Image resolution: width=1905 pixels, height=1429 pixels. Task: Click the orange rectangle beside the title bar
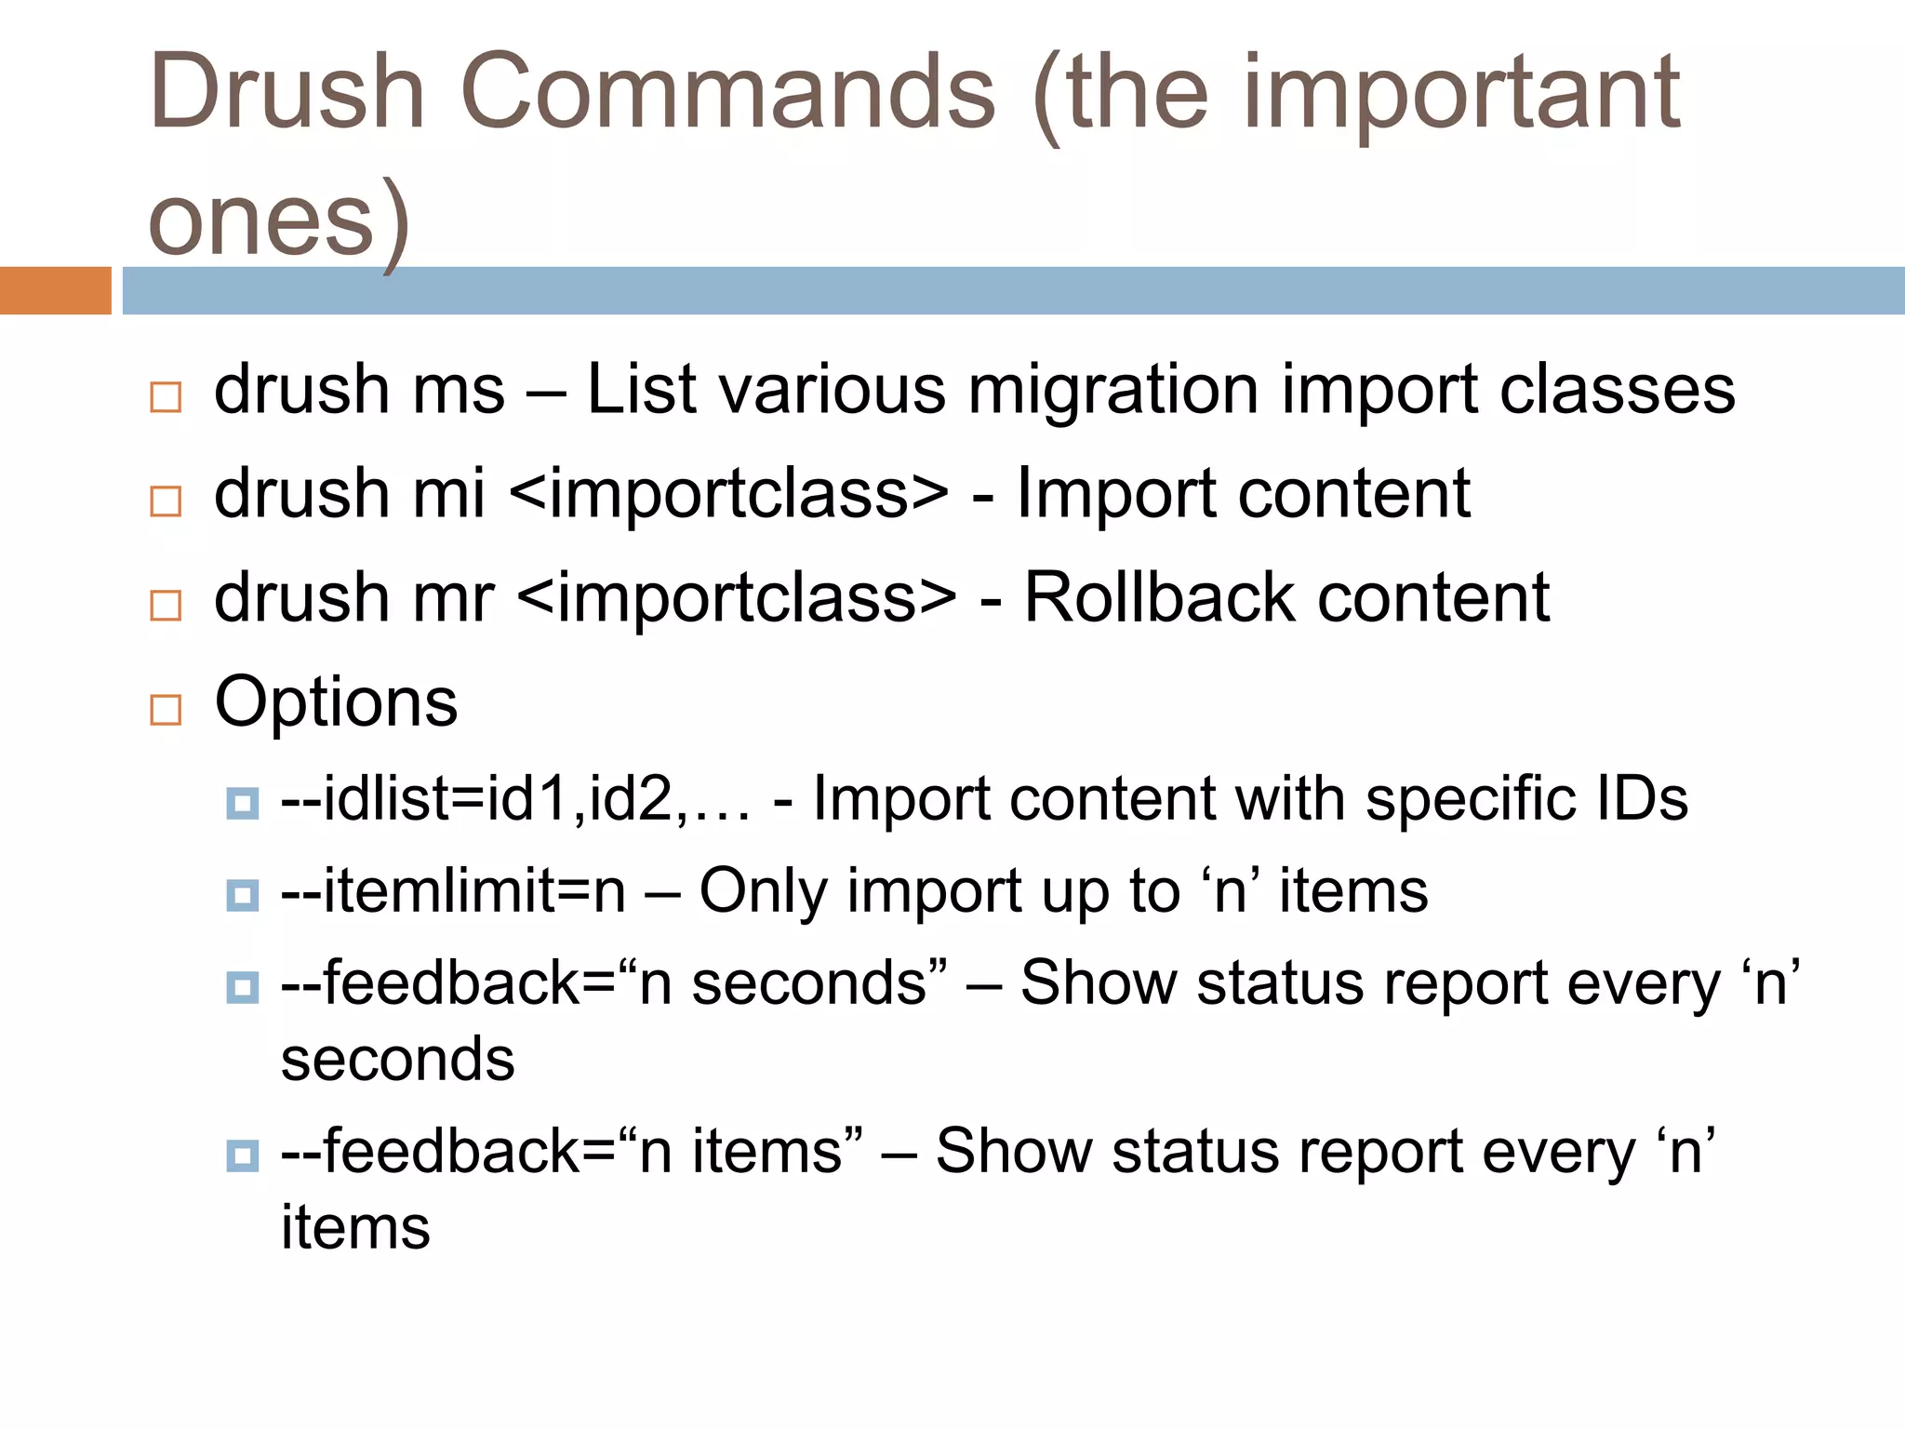point(55,290)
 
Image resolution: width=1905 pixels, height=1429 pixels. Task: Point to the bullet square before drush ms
point(166,397)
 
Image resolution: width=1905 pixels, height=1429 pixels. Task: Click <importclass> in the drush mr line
point(736,597)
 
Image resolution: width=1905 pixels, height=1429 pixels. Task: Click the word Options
point(336,701)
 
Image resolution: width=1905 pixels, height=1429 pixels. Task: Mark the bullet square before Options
point(166,710)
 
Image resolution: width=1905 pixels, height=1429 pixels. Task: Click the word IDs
point(1641,799)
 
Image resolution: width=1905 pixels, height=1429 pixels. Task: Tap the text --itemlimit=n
point(453,891)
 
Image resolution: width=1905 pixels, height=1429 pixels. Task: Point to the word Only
point(763,891)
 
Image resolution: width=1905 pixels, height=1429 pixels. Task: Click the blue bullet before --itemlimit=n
point(243,896)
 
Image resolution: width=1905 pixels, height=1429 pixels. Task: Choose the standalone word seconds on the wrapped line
point(397,1060)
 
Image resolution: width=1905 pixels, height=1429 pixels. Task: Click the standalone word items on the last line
point(355,1227)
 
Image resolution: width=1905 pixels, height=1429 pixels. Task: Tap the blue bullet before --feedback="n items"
point(243,1156)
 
